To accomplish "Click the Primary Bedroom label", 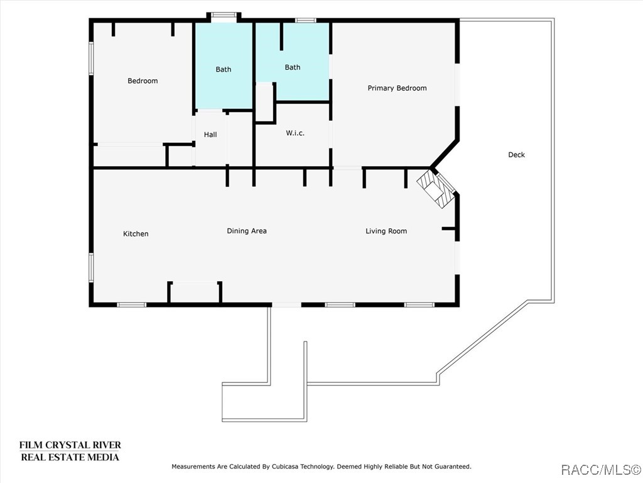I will (x=397, y=88).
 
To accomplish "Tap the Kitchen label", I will (x=136, y=234).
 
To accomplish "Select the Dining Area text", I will (x=247, y=231).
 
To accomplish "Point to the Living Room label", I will (x=386, y=231).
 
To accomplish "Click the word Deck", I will (x=516, y=155).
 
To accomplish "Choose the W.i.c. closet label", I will (x=295, y=133).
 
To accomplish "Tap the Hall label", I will (x=210, y=135).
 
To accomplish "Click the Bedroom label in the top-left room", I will (x=143, y=80).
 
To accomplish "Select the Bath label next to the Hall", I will (x=224, y=69).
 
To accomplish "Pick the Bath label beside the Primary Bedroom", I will (x=293, y=67).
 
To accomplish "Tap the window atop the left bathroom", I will (x=223, y=15).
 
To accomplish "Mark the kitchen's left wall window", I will (x=91, y=267).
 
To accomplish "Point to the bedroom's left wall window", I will (x=91, y=58).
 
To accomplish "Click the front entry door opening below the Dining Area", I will (x=286, y=305).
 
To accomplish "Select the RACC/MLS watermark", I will (x=600, y=469).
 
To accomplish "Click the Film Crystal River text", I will (x=70, y=445).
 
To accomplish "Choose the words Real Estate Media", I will (x=70, y=457).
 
